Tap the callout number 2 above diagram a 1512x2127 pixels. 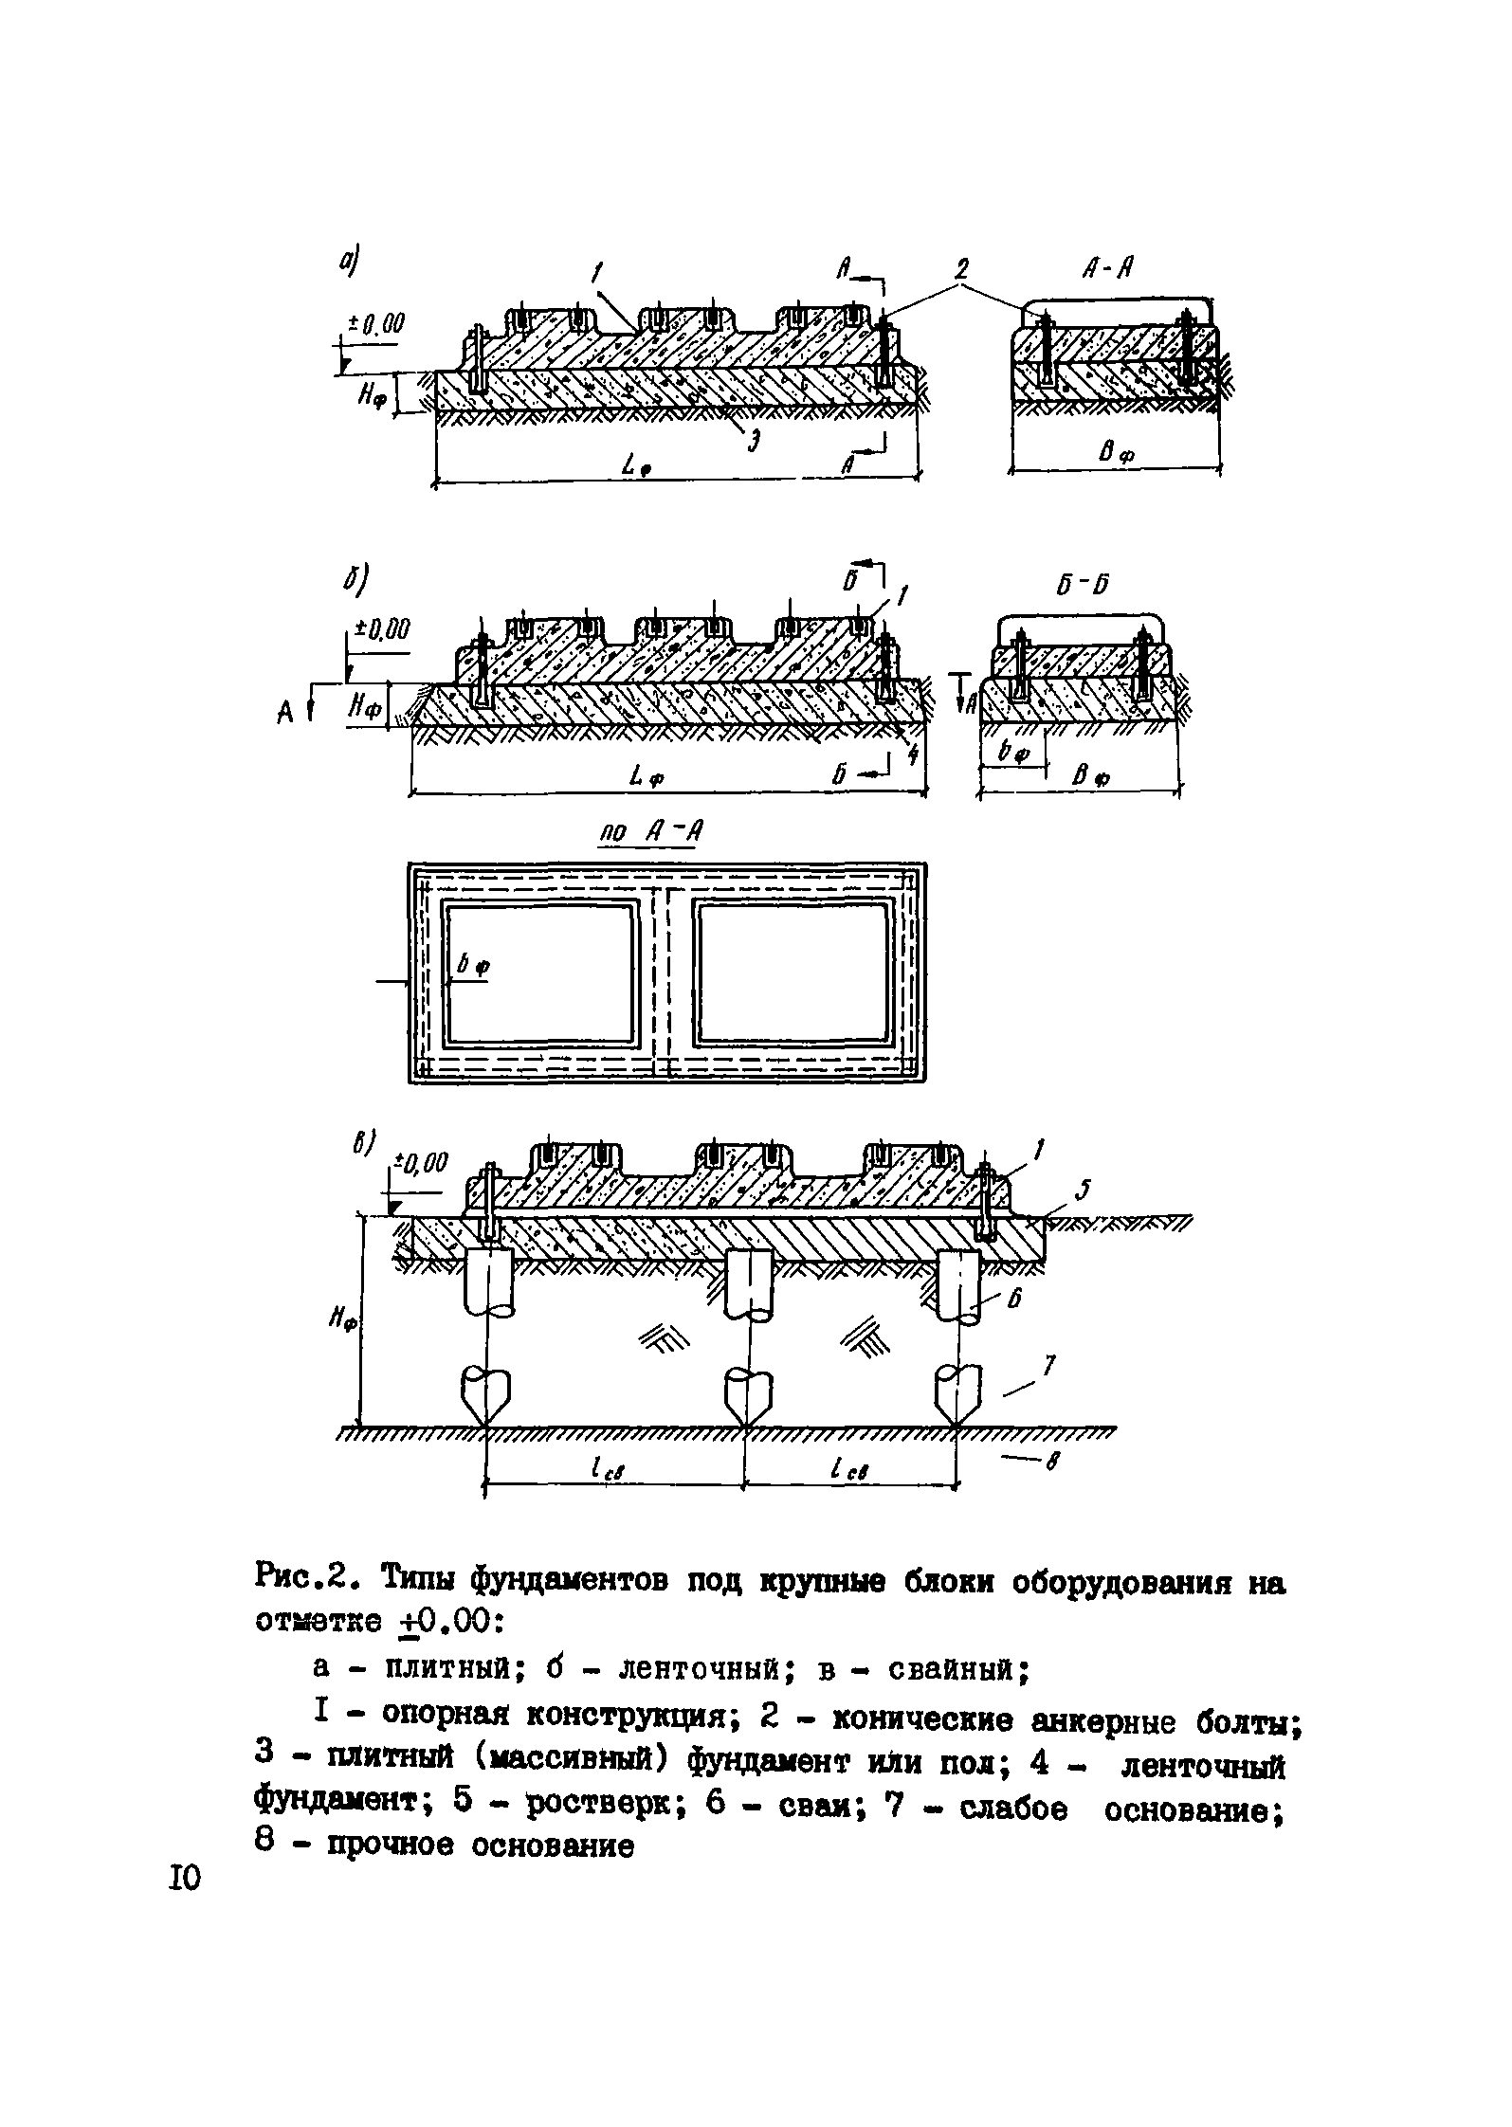(961, 270)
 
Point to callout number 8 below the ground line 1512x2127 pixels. (1050, 1464)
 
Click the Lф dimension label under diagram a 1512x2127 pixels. (634, 465)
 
